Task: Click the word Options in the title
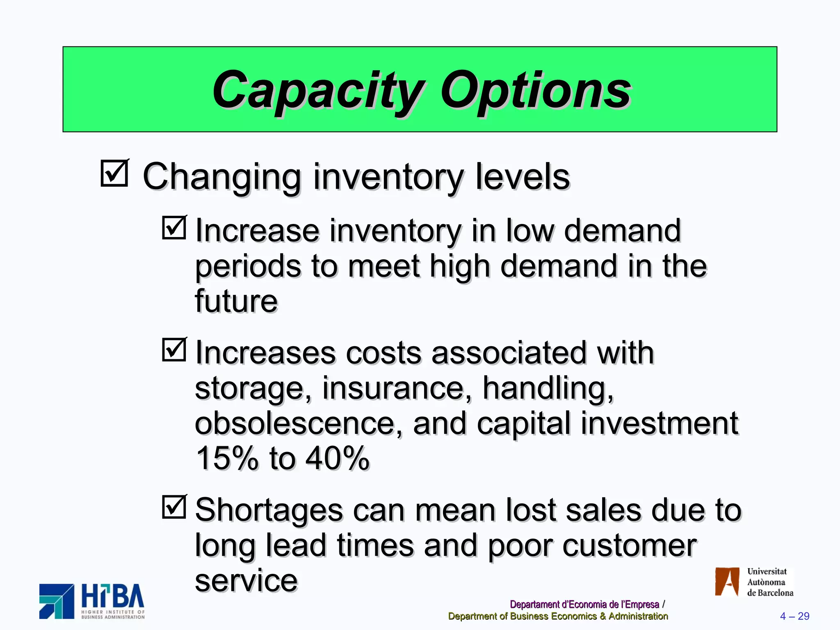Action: pyautogui.click(x=535, y=91)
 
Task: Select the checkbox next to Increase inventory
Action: pyautogui.click(x=174, y=228)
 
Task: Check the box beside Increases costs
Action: pyautogui.click(x=174, y=349)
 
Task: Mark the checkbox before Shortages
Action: pyautogui.click(x=174, y=507)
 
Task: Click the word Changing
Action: pyautogui.click(x=221, y=177)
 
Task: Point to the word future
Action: pyautogui.click(x=236, y=301)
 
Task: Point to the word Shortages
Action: pyautogui.click(x=269, y=511)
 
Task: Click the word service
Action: pyautogui.click(x=246, y=581)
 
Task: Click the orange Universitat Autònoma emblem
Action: pyautogui.click(x=727, y=582)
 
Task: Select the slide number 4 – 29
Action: pyautogui.click(x=794, y=616)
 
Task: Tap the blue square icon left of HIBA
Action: pyautogui.click(x=57, y=601)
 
